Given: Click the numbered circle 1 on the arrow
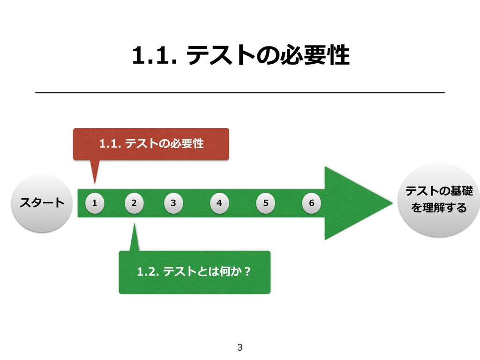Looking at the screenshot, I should (95, 203).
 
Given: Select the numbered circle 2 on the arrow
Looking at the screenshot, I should (134, 203).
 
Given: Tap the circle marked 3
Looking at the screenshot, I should (173, 203).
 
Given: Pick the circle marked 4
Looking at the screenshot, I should (219, 203).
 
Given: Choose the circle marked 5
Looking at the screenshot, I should (266, 203).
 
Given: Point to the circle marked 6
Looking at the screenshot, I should (312, 203).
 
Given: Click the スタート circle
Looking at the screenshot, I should (42, 203).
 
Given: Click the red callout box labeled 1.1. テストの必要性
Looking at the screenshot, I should (151, 144).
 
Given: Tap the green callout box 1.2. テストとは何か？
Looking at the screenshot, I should (195, 272).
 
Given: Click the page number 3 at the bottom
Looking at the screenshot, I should (240, 347).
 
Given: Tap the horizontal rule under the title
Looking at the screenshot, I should (240, 93).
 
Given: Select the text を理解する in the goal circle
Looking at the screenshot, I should (439, 207).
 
